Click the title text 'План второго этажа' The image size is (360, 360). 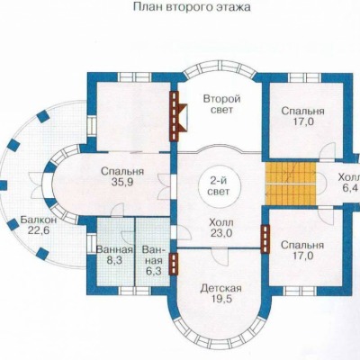click(192, 7)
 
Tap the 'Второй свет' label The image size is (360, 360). click(221, 104)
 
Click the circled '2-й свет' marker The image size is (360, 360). click(220, 186)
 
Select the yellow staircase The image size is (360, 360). click(291, 184)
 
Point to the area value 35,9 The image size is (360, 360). click(122, 182)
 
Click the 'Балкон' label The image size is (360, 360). click(39, 220)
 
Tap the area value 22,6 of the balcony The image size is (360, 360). click(39, 230)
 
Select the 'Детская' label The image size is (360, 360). click(221, 289)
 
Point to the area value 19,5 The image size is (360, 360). click(221, 299)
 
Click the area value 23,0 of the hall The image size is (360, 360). click(220, 233)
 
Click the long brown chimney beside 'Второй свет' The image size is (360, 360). click(174, 116)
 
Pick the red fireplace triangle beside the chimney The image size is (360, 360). click(183, 118)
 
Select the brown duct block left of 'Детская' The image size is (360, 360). click(174, 264)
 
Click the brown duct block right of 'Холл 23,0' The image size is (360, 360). click(265, 239)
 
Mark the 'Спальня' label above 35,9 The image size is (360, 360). click(122, 172)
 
